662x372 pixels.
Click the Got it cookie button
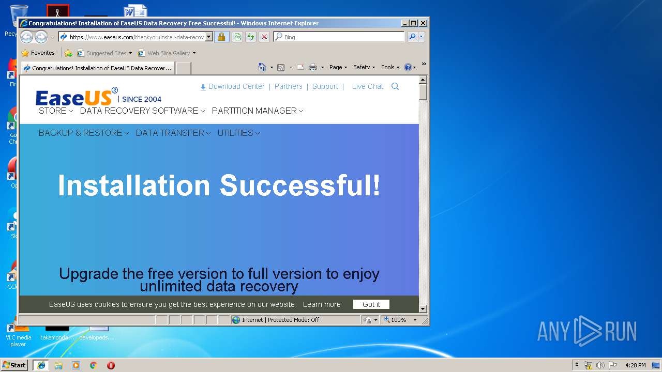371,304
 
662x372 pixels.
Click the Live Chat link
367,86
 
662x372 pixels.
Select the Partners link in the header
288,86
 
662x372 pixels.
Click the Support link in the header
325,86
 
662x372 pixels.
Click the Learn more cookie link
322,304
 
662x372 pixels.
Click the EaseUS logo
74,97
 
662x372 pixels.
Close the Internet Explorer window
423,23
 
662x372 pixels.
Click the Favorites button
38,53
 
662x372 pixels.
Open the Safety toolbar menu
364,67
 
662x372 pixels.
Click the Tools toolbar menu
390,67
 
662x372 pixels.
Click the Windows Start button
14,365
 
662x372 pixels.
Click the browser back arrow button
26,37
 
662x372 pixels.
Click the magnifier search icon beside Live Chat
395,86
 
